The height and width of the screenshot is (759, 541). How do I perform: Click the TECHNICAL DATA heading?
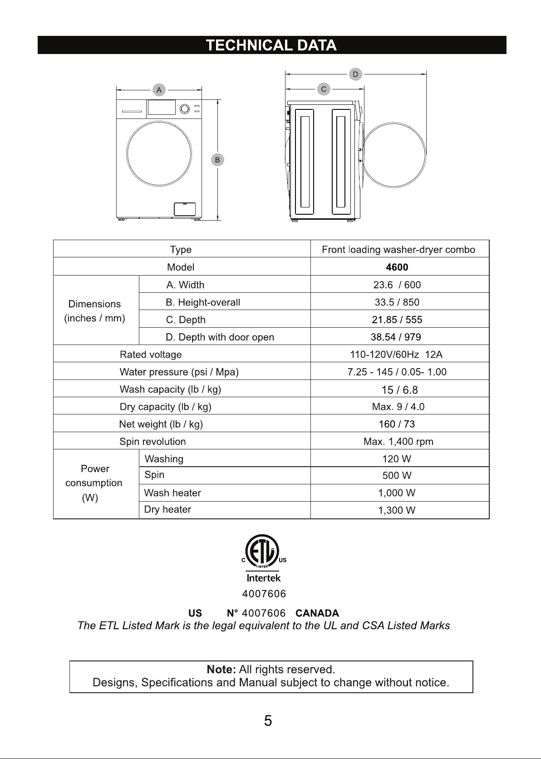click(x=271, y=45)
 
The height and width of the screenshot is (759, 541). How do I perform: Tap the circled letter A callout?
click(x=159, y=90)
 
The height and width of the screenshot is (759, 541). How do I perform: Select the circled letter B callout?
click(x=217, y=160)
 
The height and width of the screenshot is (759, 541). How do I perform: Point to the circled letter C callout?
click(x=324, y=89)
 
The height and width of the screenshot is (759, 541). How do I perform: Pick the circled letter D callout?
click(x=355, y=74)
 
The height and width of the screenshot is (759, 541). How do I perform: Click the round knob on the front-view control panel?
click(x=185, y=109)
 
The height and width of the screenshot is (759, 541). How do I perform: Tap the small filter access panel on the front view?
click(x=185, y=209)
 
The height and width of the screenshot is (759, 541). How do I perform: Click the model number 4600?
click(x=397, y=267)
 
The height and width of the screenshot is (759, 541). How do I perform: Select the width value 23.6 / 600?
click(x=397, y=285)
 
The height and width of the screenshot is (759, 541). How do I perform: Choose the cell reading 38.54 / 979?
click(x=396, y=337)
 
